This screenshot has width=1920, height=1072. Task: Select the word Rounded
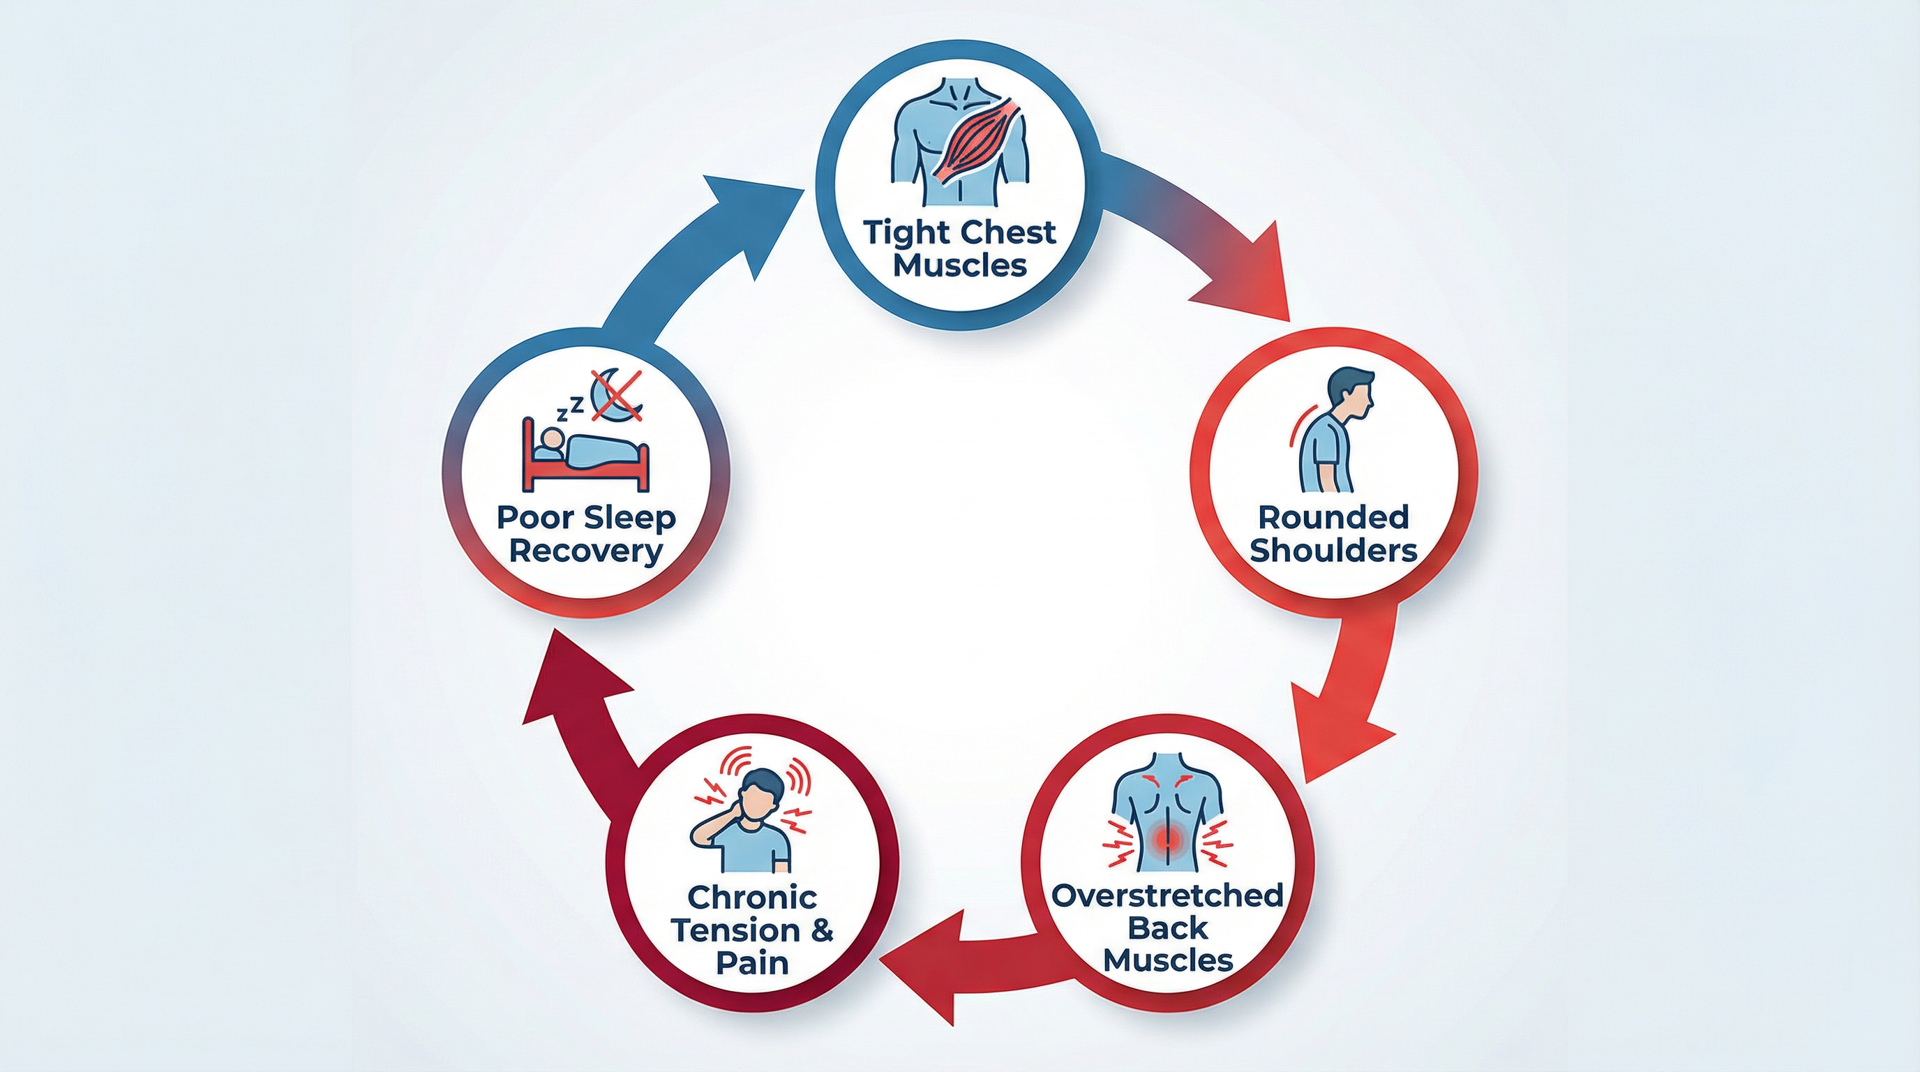tap(1333, 516)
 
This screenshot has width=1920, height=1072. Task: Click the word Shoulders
tap(1333, 551)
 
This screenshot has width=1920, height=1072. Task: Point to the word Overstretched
tap(1167, 895)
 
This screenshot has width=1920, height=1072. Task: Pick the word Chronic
tap(752, 897)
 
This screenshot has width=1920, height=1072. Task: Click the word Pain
tap(752, 962)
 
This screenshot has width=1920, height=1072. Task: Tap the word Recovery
tap(587, 551)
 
